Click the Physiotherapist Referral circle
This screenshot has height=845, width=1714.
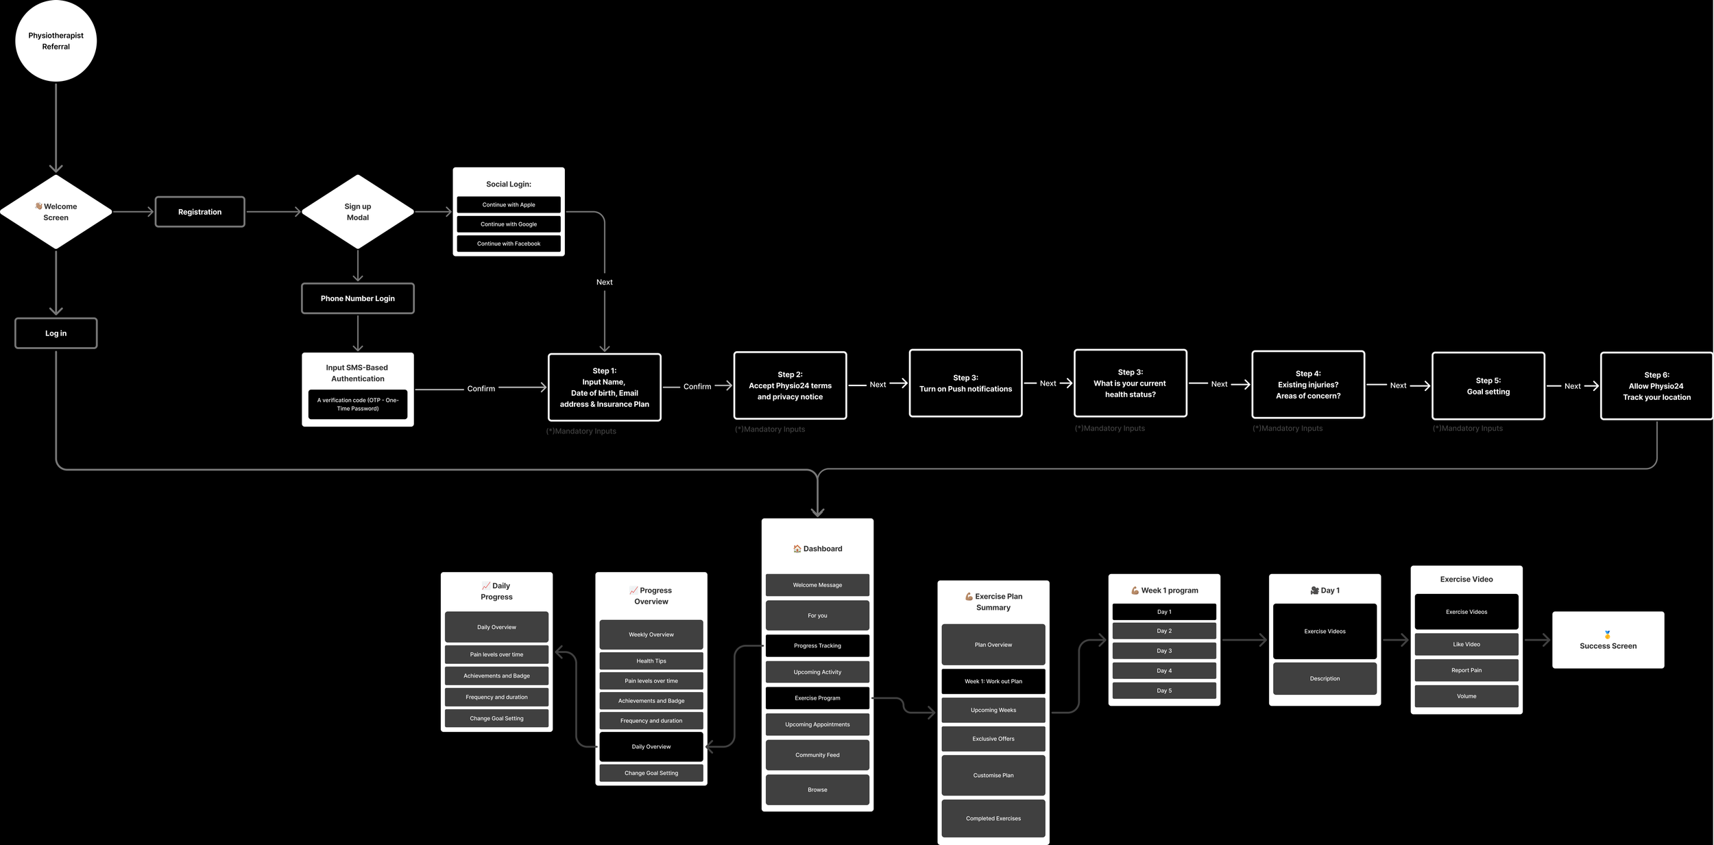pos(56,41)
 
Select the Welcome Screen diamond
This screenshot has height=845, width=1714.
pos(56,212)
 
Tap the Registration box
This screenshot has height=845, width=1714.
pos(200,212)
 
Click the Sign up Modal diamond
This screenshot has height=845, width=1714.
pos(357,212)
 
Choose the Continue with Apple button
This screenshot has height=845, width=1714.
pos(508,204)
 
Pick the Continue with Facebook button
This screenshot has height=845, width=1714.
pos(508,243)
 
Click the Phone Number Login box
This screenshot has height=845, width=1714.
pos(357,298)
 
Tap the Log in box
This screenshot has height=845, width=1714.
pos(56,333)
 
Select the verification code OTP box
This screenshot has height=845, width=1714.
pos(357,404)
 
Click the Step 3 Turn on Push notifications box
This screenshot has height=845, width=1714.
pos(965,383)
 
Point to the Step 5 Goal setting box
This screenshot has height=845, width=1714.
pos(1488,386)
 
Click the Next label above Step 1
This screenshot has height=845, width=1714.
pos(604,282)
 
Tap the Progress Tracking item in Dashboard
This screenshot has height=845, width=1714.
pos(817,645)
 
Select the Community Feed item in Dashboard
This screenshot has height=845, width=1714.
pos(817,754)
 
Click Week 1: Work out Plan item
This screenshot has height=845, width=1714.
pos(993,681)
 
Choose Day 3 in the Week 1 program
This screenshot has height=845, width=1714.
pos(1164,651)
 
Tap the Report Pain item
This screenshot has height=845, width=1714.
pos(1466,670)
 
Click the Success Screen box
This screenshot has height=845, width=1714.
pos(1608,640)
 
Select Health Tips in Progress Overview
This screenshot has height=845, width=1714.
pos(651,661)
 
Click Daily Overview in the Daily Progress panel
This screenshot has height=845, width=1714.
pos(496,627)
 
